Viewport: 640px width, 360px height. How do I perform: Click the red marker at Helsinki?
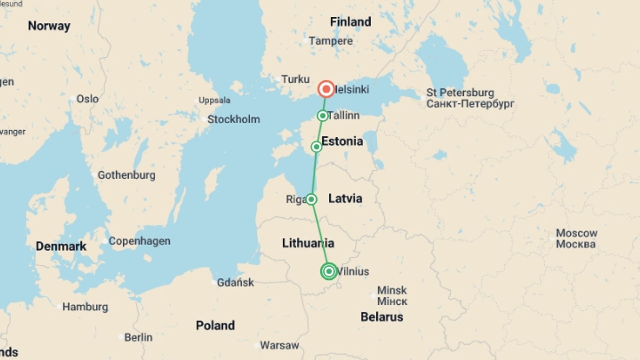coord(326,89)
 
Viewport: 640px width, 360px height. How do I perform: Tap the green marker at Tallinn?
coord(322,116)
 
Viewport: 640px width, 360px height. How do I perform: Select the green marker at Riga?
coord(311,199)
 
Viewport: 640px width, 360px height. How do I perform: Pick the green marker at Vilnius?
coord(329,271)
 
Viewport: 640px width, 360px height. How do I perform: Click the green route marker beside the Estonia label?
coord(316,147)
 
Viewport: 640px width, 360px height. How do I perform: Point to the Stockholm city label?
coord(233,119)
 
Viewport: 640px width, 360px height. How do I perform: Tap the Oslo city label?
coord(87,99)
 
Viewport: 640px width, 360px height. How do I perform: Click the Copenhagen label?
coord(139,241)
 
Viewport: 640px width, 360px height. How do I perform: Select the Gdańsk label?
coord(235,282)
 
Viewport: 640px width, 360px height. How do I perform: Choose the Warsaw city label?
coord(279,345)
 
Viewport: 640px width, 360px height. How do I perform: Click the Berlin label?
coord(138,337)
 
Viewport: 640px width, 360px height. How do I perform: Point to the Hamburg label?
coord(85,307)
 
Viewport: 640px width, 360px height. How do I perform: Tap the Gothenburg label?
coord(126,175)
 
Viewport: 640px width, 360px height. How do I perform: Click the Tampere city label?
coord(330,41)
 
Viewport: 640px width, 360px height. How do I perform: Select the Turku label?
coord(295,79)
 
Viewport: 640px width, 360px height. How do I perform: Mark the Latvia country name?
coord(345,198)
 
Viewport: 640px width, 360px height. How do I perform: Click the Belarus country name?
coord(382,317)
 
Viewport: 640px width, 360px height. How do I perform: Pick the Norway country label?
coord(49,26)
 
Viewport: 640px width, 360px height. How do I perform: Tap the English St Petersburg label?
coord(460,92)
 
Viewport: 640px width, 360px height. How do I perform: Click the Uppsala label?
coord(214,100)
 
